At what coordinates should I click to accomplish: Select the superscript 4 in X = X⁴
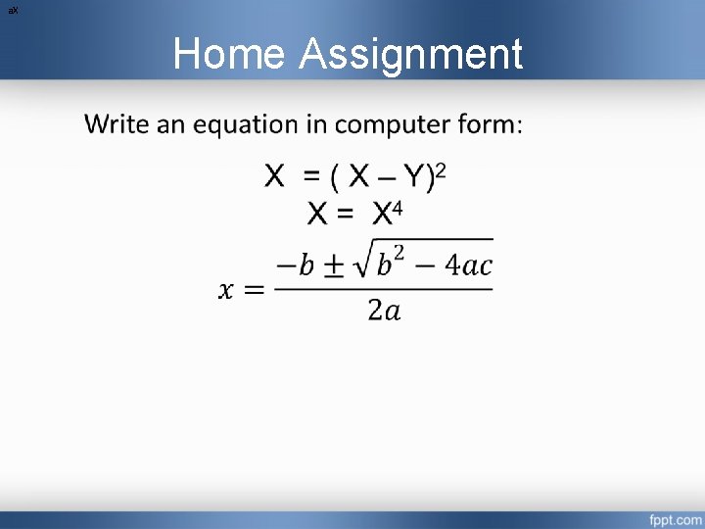click(x=398, y=207)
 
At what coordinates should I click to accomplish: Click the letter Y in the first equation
click(x=417, y=177)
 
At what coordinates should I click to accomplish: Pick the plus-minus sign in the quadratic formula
click(x=334, y=267)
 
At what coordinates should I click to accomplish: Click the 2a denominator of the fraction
click(x=384, y=311)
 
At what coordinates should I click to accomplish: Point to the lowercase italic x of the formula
click(x=226, y=289)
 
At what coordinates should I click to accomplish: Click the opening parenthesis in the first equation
click(x=335, y=178)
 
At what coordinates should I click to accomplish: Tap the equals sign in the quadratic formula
click(x=253, y=289)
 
